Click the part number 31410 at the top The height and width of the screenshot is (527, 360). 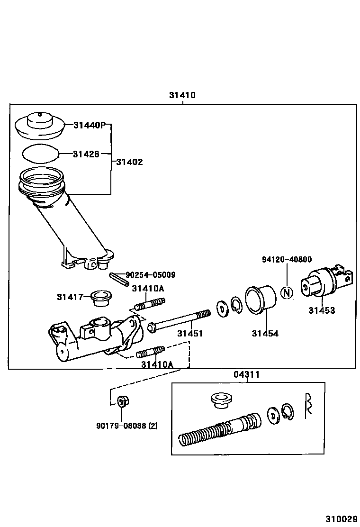pyautogui.click(x=182, y=95)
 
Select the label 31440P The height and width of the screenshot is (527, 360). pyautogui.click(x=90, y=125)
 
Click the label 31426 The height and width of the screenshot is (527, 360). pyautogui.click(x=86, y=154)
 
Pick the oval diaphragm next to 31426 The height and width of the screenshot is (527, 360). pyautogui.click(x=41, y=154)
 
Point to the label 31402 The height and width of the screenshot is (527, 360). pyautogui.click(x=129, y=162)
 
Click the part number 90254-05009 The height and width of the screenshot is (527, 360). pyautogui.click(x=150, y=274)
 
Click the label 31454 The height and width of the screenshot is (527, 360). pyautogui.click(x=265, y=334)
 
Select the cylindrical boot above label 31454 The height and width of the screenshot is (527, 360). pyautogui.click(x=260, y=299)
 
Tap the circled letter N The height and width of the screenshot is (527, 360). pyautogui.click(x=286, y=292)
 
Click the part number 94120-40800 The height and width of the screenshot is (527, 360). pyautogui.click(x=287, y=259)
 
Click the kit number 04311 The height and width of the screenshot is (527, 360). pyautogui.click(x=246, y=375)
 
